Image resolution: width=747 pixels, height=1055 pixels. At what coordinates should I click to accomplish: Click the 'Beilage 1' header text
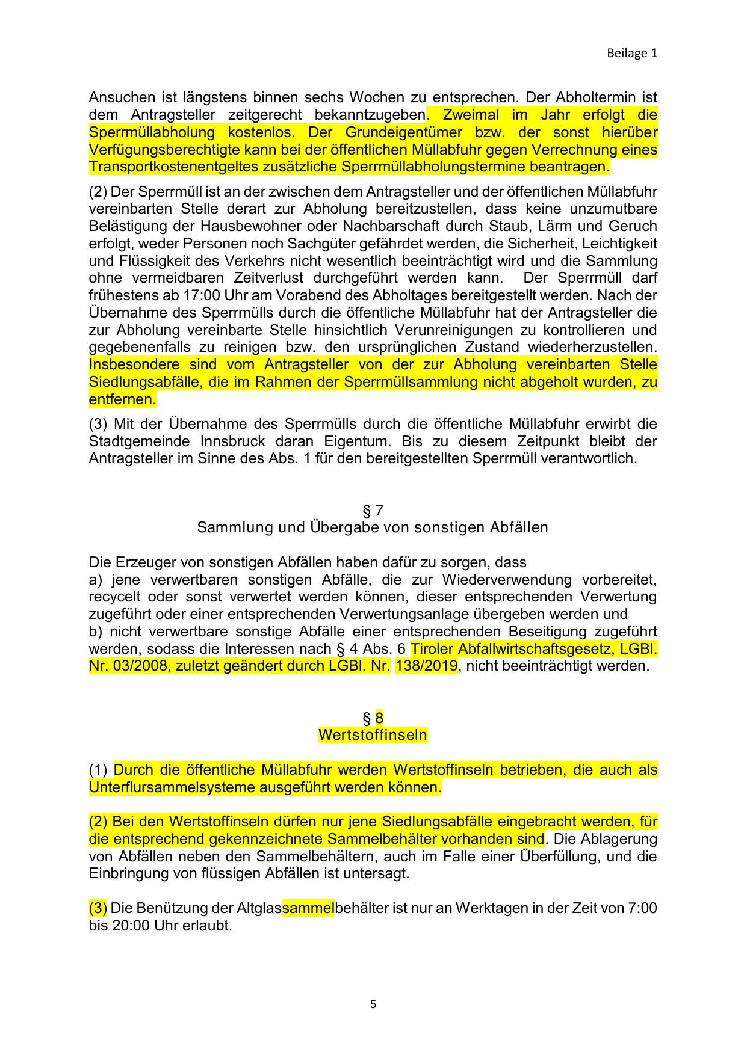(x=631, y=53)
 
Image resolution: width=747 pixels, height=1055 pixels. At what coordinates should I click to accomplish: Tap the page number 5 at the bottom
(x=373, y=1004)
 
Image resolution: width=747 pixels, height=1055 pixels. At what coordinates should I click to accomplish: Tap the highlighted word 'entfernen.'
(x=122, y=399)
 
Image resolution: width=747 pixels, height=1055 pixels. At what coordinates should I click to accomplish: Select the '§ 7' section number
(x=373, y=511)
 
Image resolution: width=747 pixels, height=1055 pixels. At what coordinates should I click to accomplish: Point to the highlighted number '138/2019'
(x=426, y=666)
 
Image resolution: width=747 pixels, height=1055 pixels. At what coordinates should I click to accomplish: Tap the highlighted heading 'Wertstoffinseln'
(x=373, y=735)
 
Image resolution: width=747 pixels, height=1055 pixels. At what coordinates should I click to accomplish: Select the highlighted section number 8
(x=379, y=718)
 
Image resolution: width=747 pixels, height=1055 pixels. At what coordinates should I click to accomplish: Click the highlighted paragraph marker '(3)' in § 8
(x=98, y=908)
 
